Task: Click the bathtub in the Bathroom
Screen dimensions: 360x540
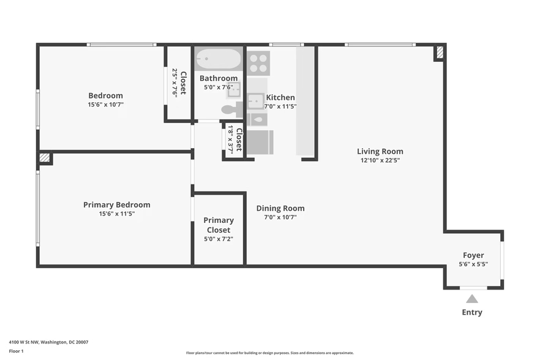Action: (219, 59)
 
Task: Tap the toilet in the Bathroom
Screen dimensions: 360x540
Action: (231, 110)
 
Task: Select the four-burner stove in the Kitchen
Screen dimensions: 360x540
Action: (258, 63)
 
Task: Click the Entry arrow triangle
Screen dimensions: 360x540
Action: (471, 299)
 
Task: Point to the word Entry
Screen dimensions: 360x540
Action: (471, 312)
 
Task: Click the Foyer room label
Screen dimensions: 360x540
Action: (473, 255)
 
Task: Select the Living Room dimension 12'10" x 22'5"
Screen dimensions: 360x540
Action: (380, 161)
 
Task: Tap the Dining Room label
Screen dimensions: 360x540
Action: (280, 208)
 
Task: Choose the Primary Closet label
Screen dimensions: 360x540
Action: (219, 225)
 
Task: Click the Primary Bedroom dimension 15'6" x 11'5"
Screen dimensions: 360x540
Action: (116, 214)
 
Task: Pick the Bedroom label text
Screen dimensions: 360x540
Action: (105, 96)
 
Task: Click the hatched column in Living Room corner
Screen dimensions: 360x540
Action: (439, 53)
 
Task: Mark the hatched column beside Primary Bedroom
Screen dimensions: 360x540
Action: (45, 158)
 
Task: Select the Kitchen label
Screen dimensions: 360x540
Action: (280, 97)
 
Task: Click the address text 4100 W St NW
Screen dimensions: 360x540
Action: (48, 342)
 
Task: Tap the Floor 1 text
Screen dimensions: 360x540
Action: (16, 351)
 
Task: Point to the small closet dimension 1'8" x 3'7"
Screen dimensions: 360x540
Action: (231, 140)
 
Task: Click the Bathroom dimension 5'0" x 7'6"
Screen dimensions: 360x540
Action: (219, 87)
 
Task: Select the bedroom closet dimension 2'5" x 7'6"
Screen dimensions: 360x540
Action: (174, 82)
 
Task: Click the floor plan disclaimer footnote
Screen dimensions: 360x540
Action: (269, 353)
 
